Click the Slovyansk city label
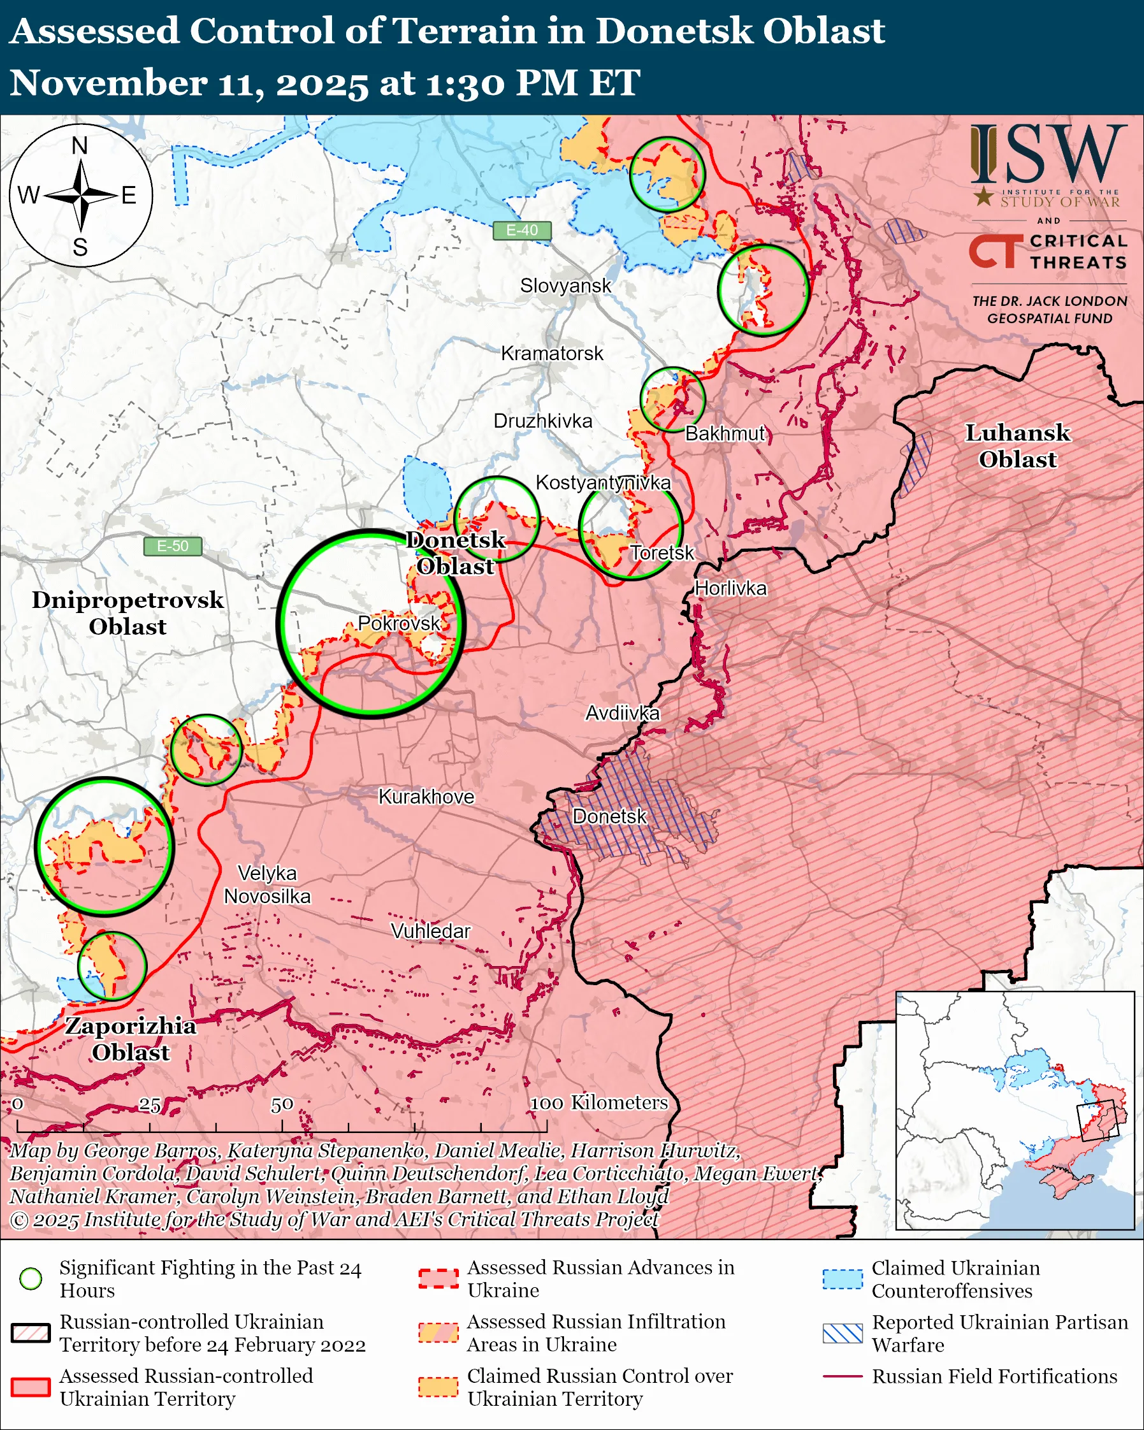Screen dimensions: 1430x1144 (x=565, y=286)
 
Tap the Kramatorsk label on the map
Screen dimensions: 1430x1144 (x=552, y=354)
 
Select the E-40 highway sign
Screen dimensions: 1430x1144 (x=522, y=230)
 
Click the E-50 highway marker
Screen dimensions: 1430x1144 (x=173, y=546)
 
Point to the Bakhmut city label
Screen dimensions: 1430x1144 (x=725, y=434)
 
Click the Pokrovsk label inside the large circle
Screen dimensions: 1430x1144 (x=398, y=623)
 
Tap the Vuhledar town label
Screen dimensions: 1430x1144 (x=430, y=931)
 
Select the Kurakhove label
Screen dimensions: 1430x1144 (x=426, y=797)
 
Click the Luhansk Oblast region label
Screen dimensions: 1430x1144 (x=1017, y=445)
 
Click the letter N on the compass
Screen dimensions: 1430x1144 (x=80, y=145)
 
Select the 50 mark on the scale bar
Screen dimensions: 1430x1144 (x=282, y=1104)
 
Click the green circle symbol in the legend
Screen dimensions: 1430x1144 (x=31, y=1278)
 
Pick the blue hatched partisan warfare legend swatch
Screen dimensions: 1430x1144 (x=843, y=1333)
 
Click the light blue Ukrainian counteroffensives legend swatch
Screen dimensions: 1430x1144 (x=843, y=1279)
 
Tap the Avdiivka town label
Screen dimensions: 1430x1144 (x=622, y=713)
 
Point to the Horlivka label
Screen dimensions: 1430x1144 (x=730, y=588)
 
